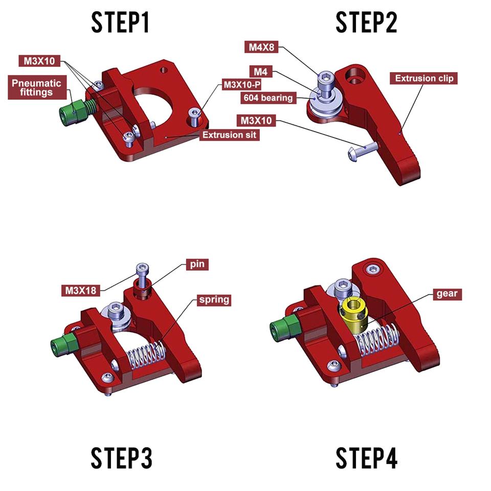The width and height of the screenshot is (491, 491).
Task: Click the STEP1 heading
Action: pos(121,23)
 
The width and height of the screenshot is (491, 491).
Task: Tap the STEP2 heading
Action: pos(366,23)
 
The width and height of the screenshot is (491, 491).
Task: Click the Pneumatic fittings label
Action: pos(36,88)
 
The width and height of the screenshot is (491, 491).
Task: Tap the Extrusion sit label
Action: pos(229,135)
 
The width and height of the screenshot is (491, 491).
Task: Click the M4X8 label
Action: pos(262,48)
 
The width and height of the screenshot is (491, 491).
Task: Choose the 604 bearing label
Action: pos(268,97)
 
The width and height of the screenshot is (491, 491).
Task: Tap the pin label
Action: pos(197,264)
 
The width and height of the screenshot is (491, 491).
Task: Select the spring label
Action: pos(214,299)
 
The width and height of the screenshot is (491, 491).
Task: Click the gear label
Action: pos(447,294)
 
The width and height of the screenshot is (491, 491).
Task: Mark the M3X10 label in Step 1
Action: pos(39,61)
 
